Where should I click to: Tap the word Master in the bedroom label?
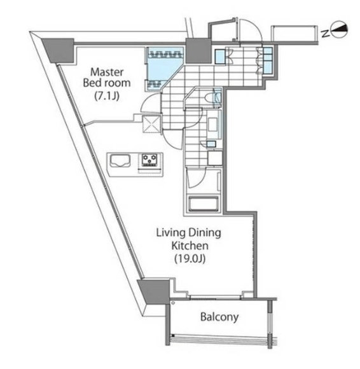click(107, 72)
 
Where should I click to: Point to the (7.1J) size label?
click(107, 96)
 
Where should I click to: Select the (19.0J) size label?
click(190, 259)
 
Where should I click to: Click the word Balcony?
click(219, 317)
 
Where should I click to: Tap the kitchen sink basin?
click(120, 161)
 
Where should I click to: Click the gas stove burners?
click(149, 160)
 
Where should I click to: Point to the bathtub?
click(204, 202)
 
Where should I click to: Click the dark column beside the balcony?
click(154, 291)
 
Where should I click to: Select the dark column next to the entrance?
click(198, 50)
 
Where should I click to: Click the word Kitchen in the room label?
click(190, 246)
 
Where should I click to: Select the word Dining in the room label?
click(205, 233)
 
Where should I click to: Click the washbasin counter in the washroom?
click(214, 124)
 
